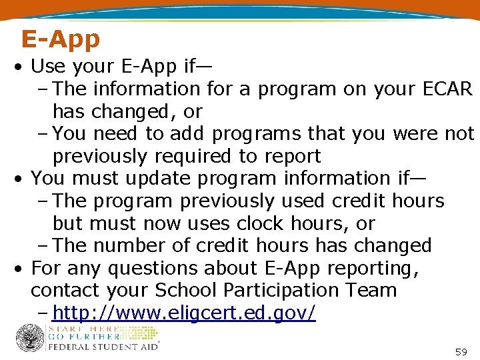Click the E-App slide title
(x=60, y=39)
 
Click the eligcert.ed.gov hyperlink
(x=184, y=313)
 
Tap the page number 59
(x=461, y=351)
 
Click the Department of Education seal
(x=30, y=338)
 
